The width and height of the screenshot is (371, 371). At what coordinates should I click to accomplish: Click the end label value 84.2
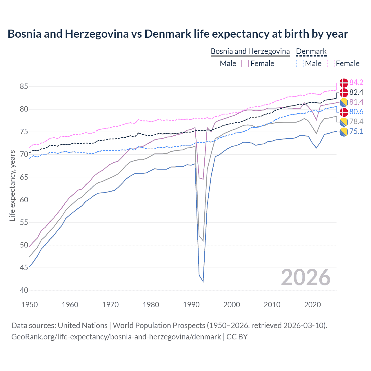click(356, 83)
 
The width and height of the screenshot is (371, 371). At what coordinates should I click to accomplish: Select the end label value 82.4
click(356, 92)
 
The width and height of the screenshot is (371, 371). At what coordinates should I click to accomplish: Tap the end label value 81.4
click(356, 102)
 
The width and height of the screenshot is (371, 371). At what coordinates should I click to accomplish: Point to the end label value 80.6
click(356, 112)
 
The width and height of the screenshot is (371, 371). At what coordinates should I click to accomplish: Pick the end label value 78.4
click(356, 121)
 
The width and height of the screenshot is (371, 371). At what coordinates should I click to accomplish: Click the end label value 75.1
click(356, 131)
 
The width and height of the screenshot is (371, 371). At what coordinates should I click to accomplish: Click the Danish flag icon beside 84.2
click(344, 83)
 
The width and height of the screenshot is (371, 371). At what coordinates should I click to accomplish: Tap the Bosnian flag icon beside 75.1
click(344, 132)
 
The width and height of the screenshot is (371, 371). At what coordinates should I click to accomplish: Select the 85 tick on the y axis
click(24, 87)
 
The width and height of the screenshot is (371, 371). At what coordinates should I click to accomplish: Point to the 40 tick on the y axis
click(24, 290)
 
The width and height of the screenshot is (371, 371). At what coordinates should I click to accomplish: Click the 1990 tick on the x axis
click(191, 305)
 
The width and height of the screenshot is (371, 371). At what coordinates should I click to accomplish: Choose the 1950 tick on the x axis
click(30, 305)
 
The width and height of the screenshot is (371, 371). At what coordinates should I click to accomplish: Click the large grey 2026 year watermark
click(305, 277)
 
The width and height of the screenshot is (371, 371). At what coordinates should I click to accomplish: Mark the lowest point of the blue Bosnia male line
click(203, 281)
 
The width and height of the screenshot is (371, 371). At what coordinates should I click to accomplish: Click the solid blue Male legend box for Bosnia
click(214, 63)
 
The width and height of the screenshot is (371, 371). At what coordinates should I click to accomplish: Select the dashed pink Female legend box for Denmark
click(331, 63)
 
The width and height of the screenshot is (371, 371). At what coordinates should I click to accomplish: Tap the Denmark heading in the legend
click(311, 52)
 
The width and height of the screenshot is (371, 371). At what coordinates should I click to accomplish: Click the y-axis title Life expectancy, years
click(12, 185)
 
